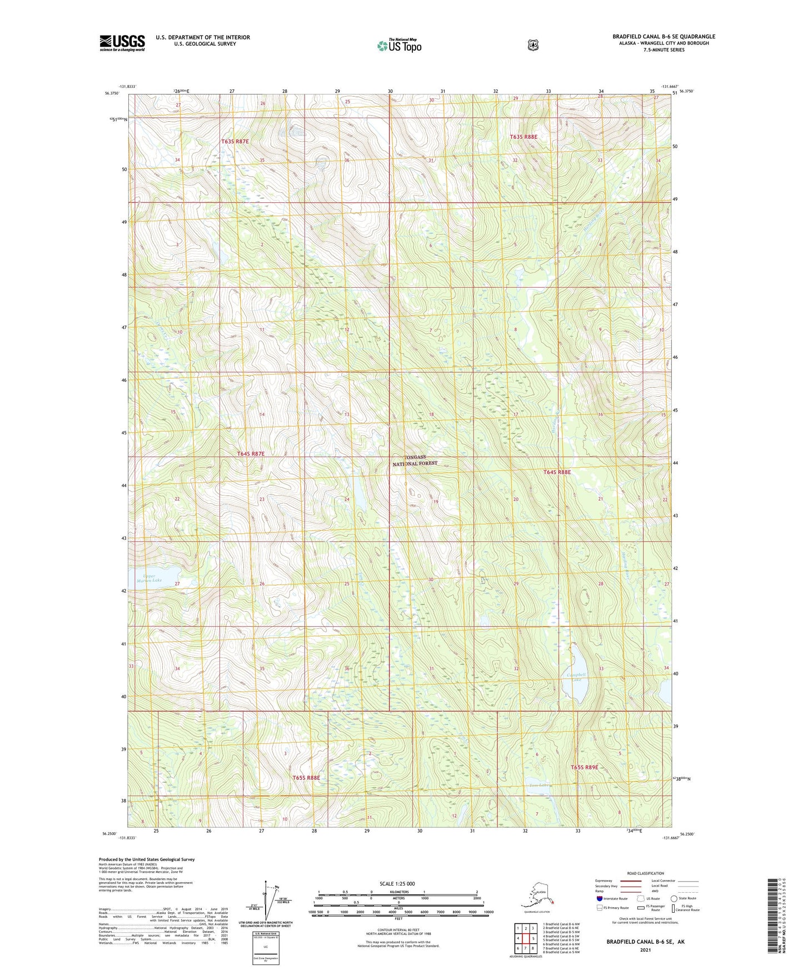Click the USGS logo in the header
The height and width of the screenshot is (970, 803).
click(x=122, y=43)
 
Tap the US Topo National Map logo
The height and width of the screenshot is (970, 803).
click(x=399, y=46)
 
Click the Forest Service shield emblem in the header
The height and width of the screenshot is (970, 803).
click(x=533, y=45)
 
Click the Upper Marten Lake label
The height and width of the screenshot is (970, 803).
click(x=144, y=577)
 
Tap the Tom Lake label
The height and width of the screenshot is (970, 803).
click(x=539, y=785)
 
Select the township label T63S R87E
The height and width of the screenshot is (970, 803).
click(x=235, y=142)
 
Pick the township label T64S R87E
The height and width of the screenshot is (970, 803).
click(x=251, y=454)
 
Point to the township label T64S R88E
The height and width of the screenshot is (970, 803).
click(x=557, y=472)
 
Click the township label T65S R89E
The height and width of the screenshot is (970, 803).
click(x=584, y=767)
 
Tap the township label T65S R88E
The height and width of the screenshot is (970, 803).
click(x=306, y=778)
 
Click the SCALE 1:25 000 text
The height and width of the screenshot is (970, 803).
click(x=397, y=883)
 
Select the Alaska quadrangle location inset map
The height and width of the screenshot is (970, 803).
click(x=537, y=895)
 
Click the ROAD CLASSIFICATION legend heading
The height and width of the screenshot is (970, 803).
click(x=645, y=873)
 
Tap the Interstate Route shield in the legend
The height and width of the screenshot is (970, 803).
click(x=600, y=898)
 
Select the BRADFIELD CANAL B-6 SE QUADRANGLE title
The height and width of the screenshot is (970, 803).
click(x=664, y=37)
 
